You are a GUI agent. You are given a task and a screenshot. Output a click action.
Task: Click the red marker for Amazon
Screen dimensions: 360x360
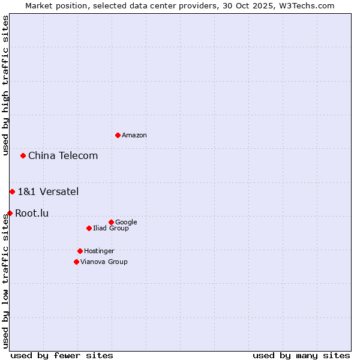coord(118,135)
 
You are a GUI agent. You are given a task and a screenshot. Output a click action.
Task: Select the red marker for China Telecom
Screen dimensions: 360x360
coord(23,155)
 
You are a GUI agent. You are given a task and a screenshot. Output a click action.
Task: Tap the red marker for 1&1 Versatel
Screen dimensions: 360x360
coord(12,191)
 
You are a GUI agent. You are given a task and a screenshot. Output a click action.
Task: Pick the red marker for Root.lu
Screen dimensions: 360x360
coord(10,213)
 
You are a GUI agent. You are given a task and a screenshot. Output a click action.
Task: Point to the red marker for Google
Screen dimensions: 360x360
coord(111,222)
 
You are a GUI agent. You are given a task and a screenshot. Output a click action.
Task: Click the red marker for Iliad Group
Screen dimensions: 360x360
coord(89,228)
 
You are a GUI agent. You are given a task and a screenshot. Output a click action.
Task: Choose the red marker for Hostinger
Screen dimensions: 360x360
coord(80,251)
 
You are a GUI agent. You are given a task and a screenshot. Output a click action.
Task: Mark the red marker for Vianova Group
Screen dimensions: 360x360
coord(76,262)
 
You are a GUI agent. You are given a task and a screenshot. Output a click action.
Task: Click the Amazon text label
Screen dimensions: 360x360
coord(134,136)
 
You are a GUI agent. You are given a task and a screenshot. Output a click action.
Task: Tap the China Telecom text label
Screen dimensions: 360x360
coord(63,156)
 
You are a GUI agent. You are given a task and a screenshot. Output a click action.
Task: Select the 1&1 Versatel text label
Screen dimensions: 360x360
coord(48,192)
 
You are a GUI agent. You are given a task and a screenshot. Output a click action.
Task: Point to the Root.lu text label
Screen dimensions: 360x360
coord(32,214)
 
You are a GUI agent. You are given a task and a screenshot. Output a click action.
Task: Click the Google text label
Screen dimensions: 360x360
coord(126,223)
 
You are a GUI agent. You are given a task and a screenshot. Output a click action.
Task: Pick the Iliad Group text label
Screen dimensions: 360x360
coord(111,229)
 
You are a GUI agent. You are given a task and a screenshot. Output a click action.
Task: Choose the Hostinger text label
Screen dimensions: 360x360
coord(99,251)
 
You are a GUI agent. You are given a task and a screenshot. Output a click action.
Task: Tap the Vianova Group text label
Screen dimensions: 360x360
coord(104,262)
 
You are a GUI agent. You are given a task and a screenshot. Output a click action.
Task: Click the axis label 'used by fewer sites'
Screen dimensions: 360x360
coord(62,355)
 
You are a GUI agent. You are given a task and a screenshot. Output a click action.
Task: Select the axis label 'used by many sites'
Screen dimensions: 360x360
coord(301,355)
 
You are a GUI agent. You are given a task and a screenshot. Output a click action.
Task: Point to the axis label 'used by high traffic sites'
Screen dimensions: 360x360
coord(6,85)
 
